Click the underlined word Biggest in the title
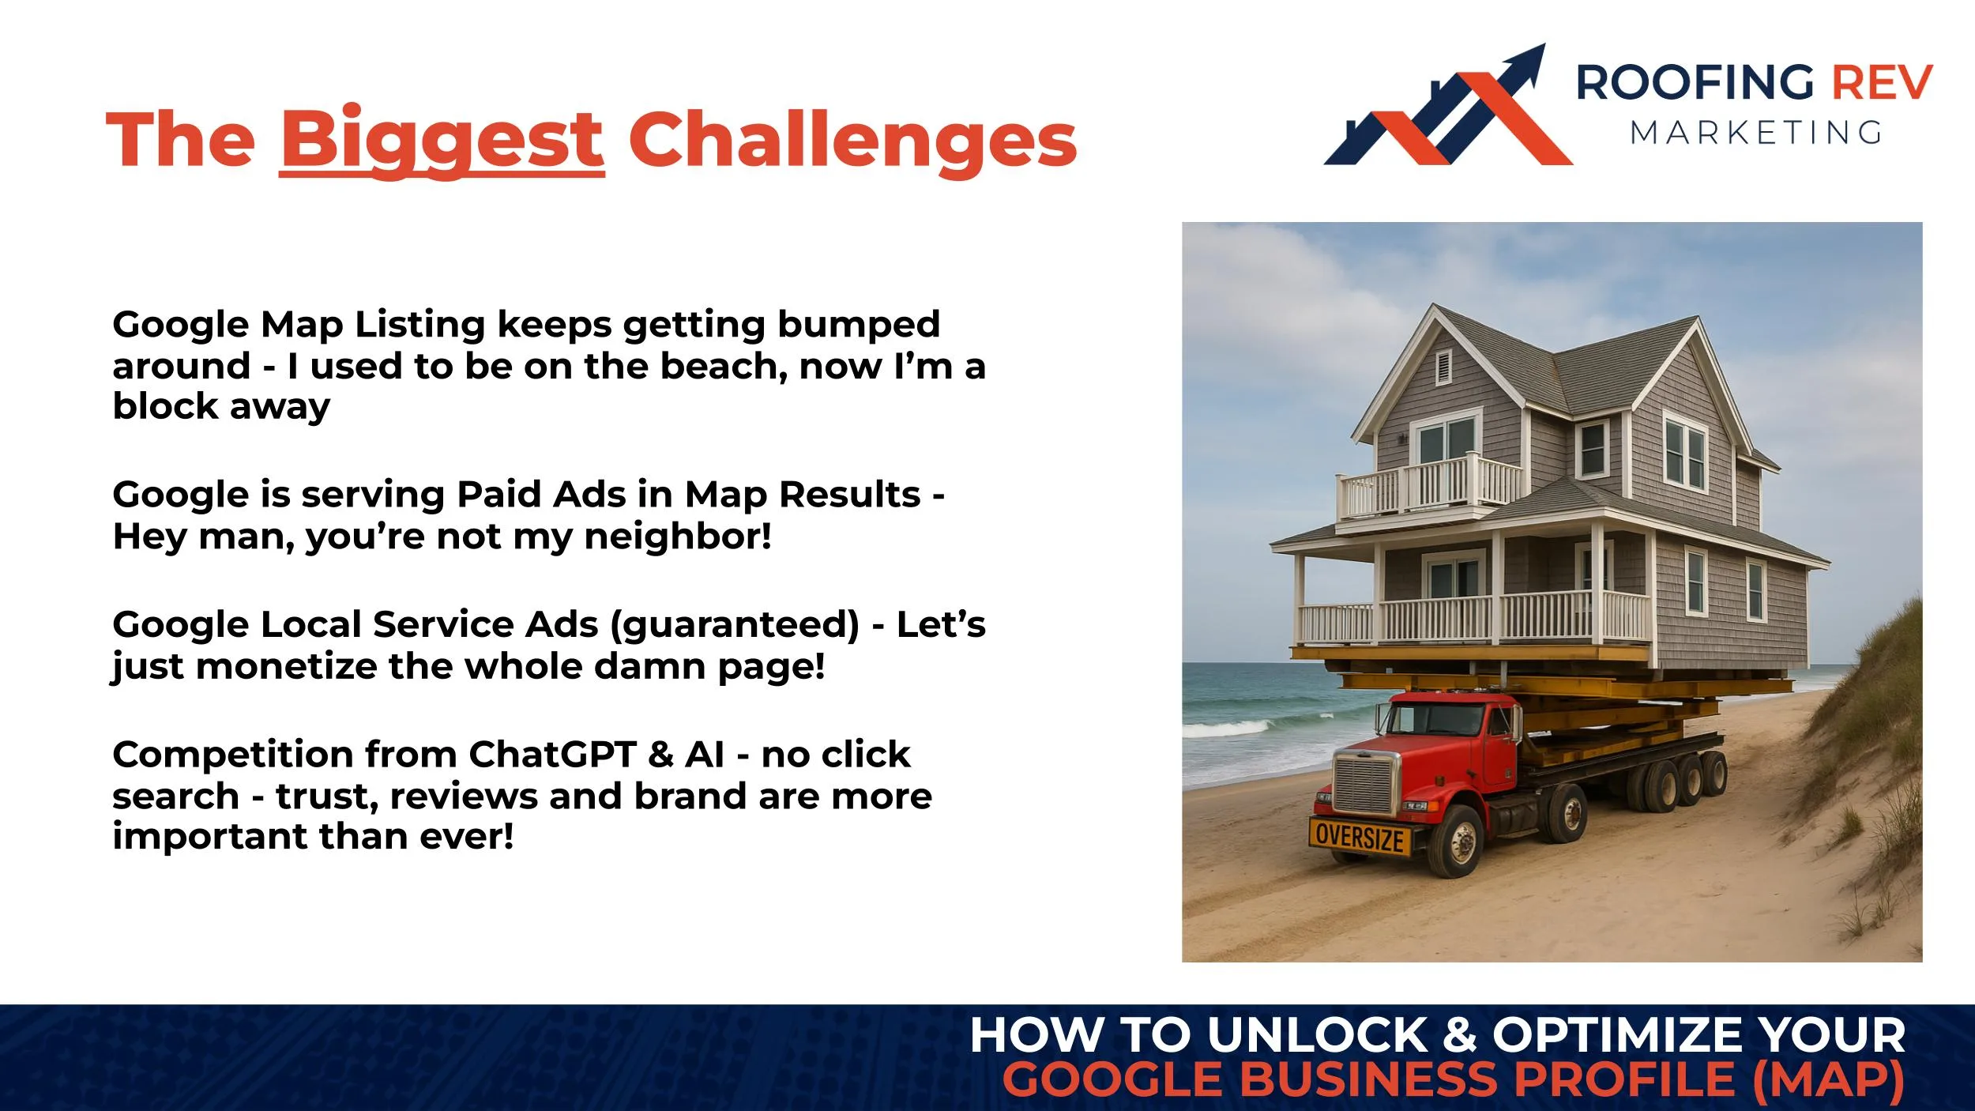pyautogui.click(x=442, y=140)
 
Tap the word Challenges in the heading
pyautogui.click(x=852, y=140)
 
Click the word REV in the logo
pyautogui.click(x=1882, y=83)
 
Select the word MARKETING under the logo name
pyautogui.click(x=1756, y=133)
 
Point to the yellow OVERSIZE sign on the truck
pyautogui.click(x=1360, y=837)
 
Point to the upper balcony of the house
pyautogui.click(x=1428, y=485)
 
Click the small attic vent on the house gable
pyautogui.click(x=1443, y=367)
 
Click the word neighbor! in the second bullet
pyautogui.click(x=678, y=537)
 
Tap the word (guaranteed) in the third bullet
pyautogui.click(x=734, y=624)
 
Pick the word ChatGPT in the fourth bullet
pyautogui.click(x=552, y=755)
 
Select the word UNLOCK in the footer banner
pyautogui.click(x=1318, y=1035)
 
